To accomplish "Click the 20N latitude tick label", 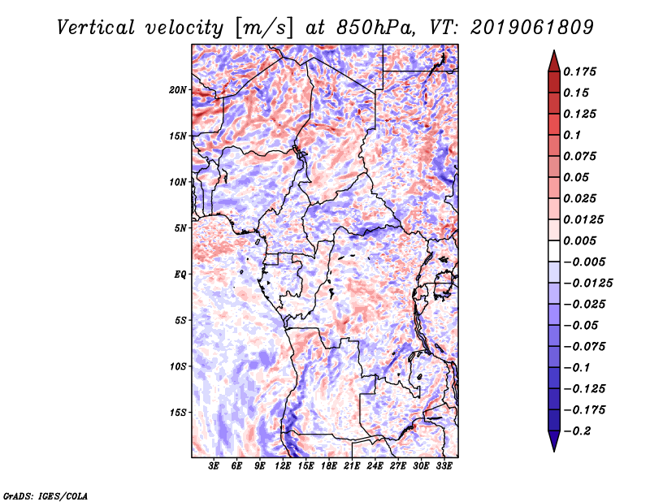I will (x=178, y=89).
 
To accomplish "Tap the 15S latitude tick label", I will (x=178, y=413).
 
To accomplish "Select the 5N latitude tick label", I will (x=180, y=228).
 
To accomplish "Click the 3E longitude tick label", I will (x=214, y=467).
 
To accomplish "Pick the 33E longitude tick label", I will (x=444, y=467).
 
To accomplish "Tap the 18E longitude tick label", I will (x=329, y=467).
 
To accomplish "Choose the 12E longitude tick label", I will (x=283, y=467).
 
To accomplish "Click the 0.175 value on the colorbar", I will (x=582, y=71).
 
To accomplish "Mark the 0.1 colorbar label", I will (x=576, y=135).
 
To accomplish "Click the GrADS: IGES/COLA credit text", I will (x=45, y=495).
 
